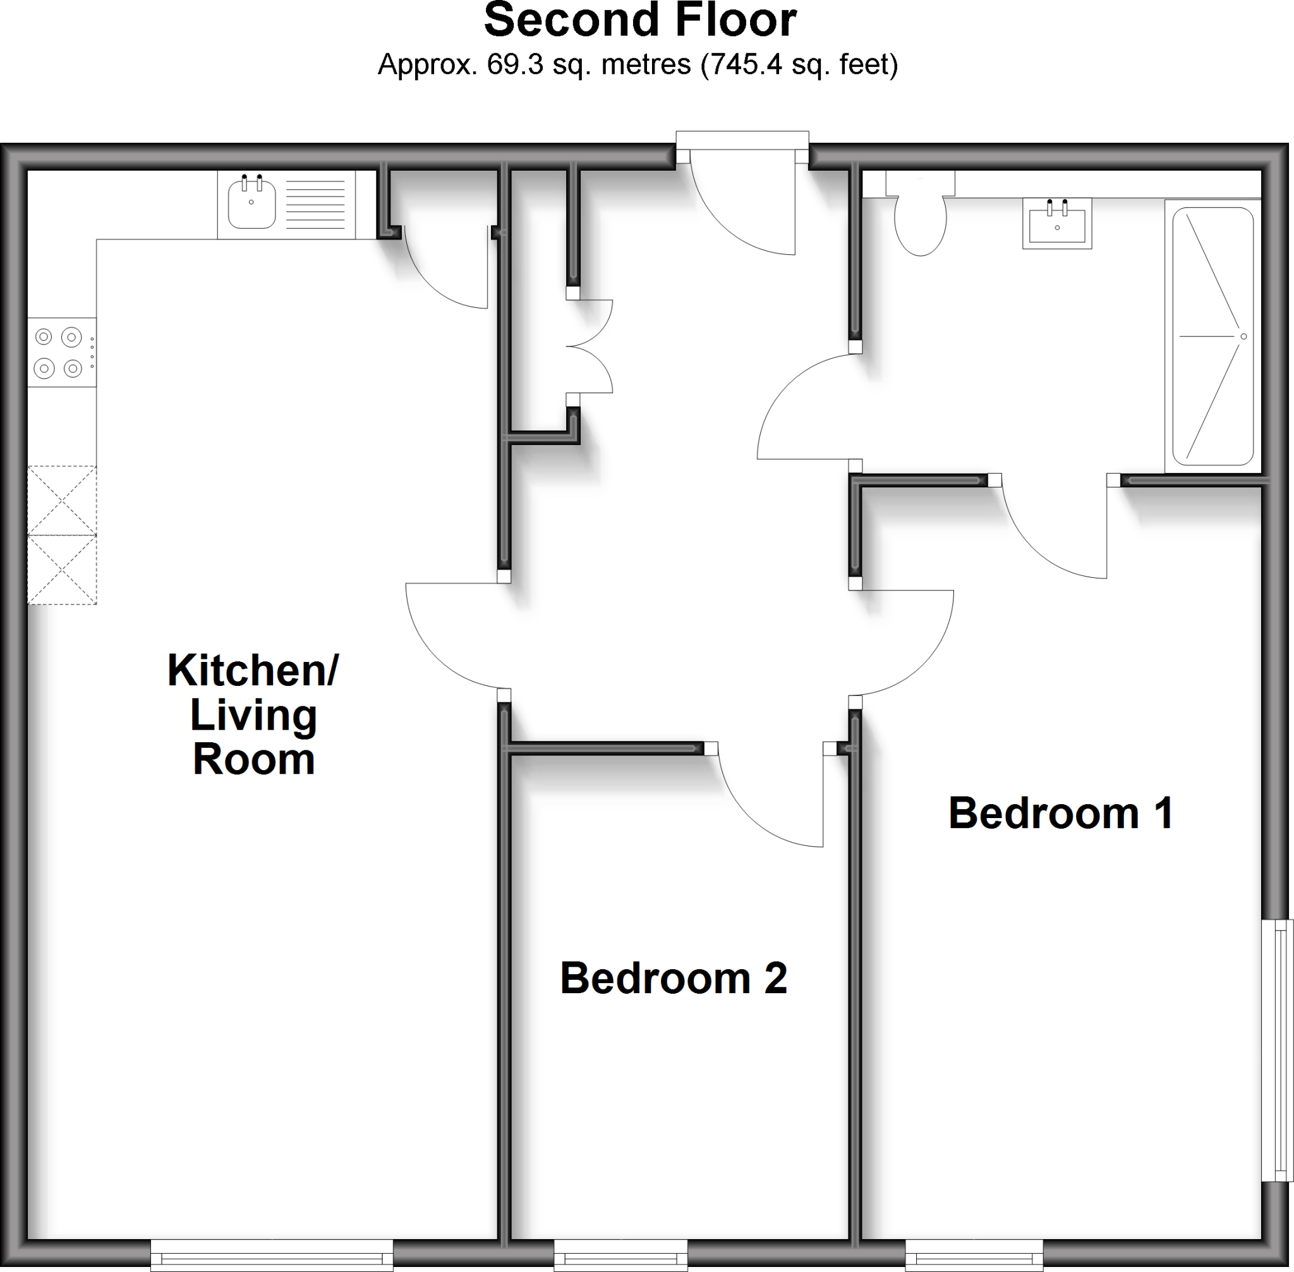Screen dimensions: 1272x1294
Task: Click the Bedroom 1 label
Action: (x=1060, y=814)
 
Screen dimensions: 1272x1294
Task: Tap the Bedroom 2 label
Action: (x=673, y=979)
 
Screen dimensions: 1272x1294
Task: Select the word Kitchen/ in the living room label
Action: (x=253, y=670)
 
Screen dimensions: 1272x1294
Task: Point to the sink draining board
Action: (x=315, y=204)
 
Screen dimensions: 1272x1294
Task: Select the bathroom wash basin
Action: (x=1057, y=223)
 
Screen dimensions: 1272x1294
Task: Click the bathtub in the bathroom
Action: (x=1212, y=336)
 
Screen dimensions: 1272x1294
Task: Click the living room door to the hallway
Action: (x=454, y=635)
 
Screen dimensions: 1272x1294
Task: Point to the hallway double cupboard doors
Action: (x=591, y=346)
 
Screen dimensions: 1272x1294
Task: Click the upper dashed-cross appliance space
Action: (x=61, y=499)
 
